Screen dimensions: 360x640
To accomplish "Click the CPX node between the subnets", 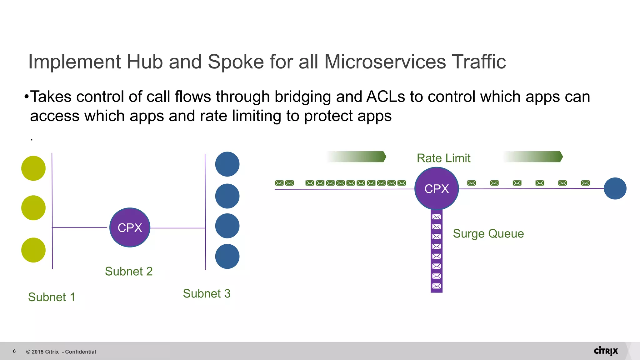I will point(130,227).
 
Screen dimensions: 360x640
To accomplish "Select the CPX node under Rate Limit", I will point(437,188).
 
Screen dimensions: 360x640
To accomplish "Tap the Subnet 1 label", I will point(52,297).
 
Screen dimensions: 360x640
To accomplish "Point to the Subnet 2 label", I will point(129,271).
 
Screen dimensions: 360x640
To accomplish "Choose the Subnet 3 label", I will point(207,293).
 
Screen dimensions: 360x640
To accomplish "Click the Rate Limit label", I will point(443,158).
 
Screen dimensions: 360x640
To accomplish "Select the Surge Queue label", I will point(488,233).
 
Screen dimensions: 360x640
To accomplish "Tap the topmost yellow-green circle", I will point(33,168).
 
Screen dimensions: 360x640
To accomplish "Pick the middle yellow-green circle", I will point(33,208).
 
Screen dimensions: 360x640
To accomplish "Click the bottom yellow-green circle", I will point(33,250).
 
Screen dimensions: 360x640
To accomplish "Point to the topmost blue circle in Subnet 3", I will point(227,164).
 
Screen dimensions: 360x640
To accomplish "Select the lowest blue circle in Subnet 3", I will point(227,256).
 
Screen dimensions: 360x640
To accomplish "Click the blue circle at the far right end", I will point(615,188).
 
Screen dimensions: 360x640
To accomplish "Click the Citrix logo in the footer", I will point(606,351).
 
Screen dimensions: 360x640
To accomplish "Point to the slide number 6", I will point(14,351).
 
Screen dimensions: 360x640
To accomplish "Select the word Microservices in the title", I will point(385,62).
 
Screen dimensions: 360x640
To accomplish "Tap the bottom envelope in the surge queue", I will point(437,286).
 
